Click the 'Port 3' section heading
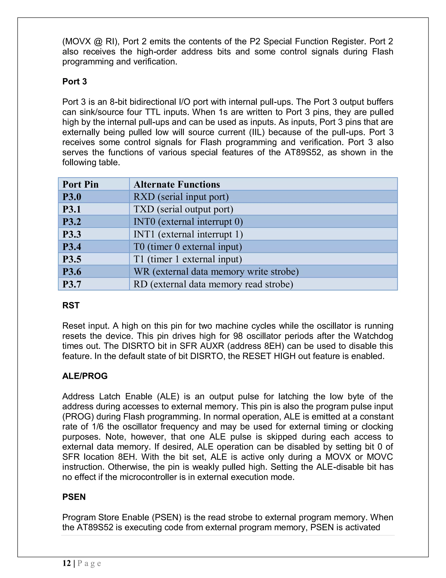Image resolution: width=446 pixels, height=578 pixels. point(74,82)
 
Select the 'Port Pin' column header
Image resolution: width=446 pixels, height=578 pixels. point(80,184)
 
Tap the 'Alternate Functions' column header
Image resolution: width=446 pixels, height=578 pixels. point(176,184)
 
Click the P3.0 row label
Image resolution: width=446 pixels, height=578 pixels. point(72,197)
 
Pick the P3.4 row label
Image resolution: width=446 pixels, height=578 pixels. point(72,247)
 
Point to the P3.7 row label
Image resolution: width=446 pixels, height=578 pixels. point(72,284)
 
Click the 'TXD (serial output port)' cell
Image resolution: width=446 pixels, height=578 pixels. point(183,209)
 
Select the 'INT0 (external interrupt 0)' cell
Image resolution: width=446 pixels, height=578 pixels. point(188,222)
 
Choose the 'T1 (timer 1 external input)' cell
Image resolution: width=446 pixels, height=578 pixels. point(188,259)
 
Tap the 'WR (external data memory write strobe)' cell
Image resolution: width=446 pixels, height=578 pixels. point(216,272)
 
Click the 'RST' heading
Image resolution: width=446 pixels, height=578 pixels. point(71,305)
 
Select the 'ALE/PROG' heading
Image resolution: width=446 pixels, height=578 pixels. point(85,376)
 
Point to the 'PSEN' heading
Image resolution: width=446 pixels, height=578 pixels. point(74,497)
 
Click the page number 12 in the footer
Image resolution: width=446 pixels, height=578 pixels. point(67,563)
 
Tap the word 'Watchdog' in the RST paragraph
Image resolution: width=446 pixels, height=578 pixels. point(373,336)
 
